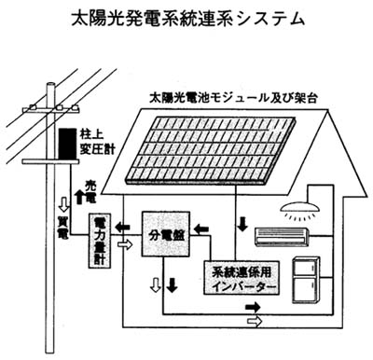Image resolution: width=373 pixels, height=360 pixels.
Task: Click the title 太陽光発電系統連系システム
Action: point(186,17)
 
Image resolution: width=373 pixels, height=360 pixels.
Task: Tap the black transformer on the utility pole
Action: point(64,144)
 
